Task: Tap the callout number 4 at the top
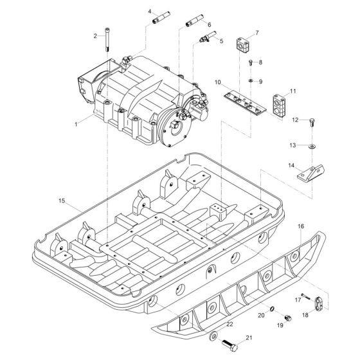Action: click(150, 12)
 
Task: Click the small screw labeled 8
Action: click(250, 62)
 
